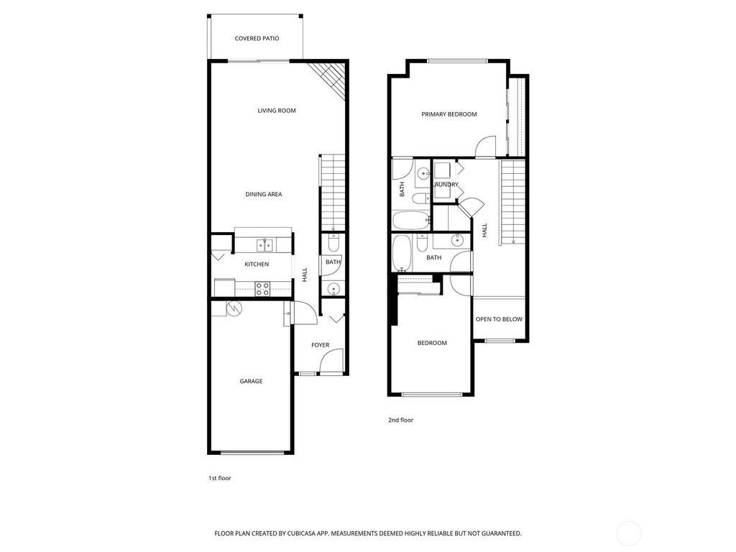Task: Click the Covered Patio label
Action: (x=257, y=38)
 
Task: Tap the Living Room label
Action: (x=277, y=111)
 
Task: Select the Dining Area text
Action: (x=263, y=194)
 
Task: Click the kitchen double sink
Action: (x=266, y=246)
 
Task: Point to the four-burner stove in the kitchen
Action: (x=262, y=289)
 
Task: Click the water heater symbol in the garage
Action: (x=234, y=308)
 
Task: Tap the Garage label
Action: (x=251, y=381)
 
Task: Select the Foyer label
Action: (x=320, y=345)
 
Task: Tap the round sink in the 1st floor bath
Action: (x=333, y=289)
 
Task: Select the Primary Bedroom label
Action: (x=448, y=114)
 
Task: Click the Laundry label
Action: (x=446, y=185)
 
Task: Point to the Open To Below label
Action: (x=499, y=319)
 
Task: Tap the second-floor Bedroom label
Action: (x=432, y=343)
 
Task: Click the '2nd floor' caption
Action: (x=400, y=420)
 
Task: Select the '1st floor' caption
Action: (x=219, y=477)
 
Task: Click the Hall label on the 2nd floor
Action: (x=484, y=230)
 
